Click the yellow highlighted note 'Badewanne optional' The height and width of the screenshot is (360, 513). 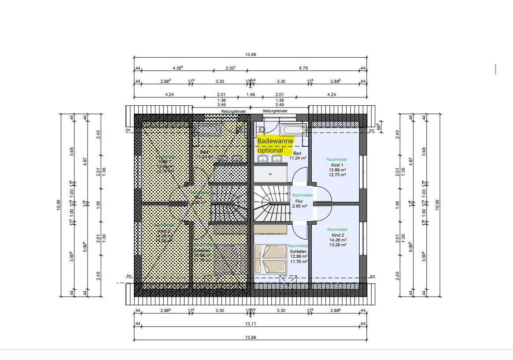click(275, 145)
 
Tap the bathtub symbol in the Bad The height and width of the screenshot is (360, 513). click(294, 130)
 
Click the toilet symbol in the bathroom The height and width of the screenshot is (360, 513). click(262, 130)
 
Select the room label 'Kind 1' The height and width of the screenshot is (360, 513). click(337, 164)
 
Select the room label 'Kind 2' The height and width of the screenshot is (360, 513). click(337, 235)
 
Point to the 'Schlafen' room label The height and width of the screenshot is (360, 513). click(298, 251)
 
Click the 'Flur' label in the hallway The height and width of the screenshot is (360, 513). click(299, 201)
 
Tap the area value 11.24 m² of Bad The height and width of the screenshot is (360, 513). click(298, 158)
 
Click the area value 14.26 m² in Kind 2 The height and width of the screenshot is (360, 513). click(338, 240)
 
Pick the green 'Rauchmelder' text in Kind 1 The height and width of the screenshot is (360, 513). click(337, 160)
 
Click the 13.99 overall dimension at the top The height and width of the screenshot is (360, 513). click(250, 55)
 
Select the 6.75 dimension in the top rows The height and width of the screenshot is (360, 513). click(303, 68)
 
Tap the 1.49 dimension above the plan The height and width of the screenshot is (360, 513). click(250, 94)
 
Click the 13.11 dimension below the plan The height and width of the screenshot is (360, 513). click(250, 323)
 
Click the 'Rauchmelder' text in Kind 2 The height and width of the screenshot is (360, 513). click(337, 230)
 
